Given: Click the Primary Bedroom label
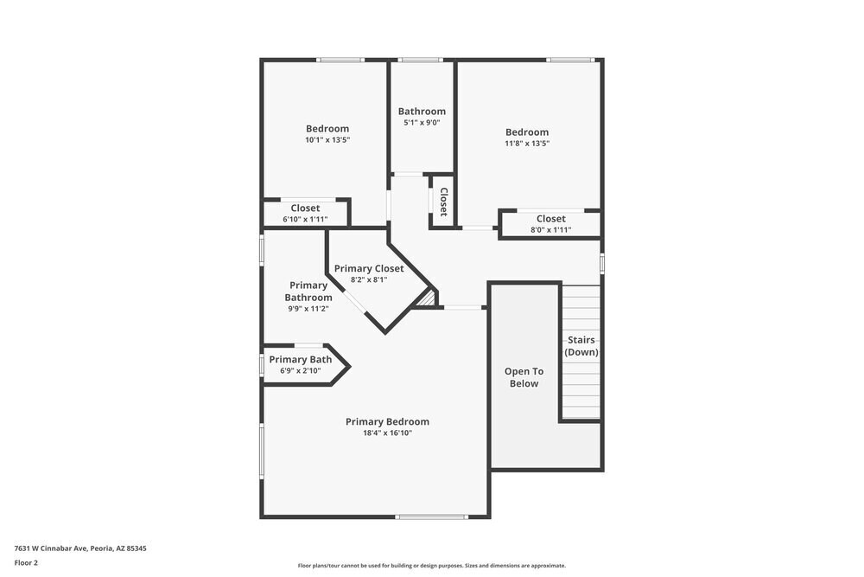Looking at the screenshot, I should [x=387, y=422].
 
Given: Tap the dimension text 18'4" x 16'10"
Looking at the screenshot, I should [x=387, y=433].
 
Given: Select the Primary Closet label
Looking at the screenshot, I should [x=369, y=268].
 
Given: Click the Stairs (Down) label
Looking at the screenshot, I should [x=581, y=346].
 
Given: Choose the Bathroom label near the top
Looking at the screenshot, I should [x=422, y=111].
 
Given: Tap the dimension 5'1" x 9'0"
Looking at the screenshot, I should [x=422, y=123].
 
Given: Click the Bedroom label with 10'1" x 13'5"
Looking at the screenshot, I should [x=327, y=129].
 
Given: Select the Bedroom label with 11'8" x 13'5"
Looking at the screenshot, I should [x=527, y=132].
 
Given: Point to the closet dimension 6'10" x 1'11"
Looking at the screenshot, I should [x=305, y=220].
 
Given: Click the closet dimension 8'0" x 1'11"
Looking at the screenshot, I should [x=550, y=230].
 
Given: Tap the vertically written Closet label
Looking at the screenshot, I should [x=444, y=202].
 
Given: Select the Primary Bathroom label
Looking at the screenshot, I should [x=308, y=292].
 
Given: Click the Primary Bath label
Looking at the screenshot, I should [x=300, y=360].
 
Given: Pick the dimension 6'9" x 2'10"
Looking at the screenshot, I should [x=300, y=371].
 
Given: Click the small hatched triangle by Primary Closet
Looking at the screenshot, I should [x=426, y=298].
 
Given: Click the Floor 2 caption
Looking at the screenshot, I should [x=26, y=562].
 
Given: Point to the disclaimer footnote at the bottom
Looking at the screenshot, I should [x=432, y=566].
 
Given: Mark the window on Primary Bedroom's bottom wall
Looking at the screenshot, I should [x=431, y=517].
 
